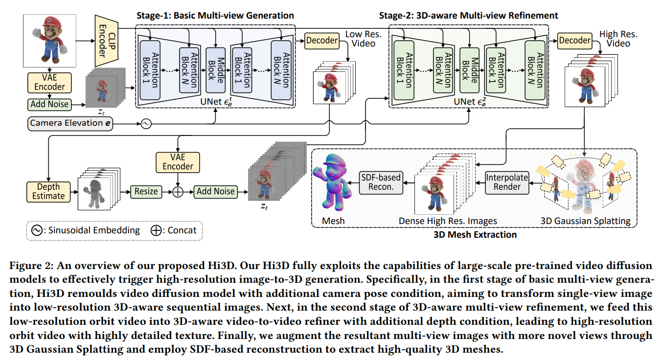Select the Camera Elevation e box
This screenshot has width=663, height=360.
[70, 123]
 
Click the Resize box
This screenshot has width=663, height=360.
[146, 191]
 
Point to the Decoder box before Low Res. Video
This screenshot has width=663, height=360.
[321, 41]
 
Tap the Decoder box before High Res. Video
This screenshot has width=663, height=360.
[574, 41]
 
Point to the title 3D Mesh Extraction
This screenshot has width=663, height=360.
[475, 235]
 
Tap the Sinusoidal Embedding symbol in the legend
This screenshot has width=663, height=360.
[37, 230]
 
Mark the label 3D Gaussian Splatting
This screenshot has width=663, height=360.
[585, 221]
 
